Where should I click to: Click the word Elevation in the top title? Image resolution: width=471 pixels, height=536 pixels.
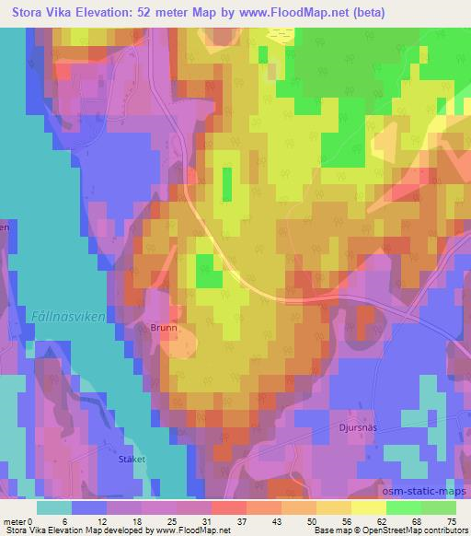(x=104, y=13)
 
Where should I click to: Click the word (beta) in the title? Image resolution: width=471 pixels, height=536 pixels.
(x=364, y=13)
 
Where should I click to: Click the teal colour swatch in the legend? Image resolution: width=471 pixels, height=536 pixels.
(x=54, y=507)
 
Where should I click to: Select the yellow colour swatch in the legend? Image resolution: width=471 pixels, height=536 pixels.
(x=368, y=507)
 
